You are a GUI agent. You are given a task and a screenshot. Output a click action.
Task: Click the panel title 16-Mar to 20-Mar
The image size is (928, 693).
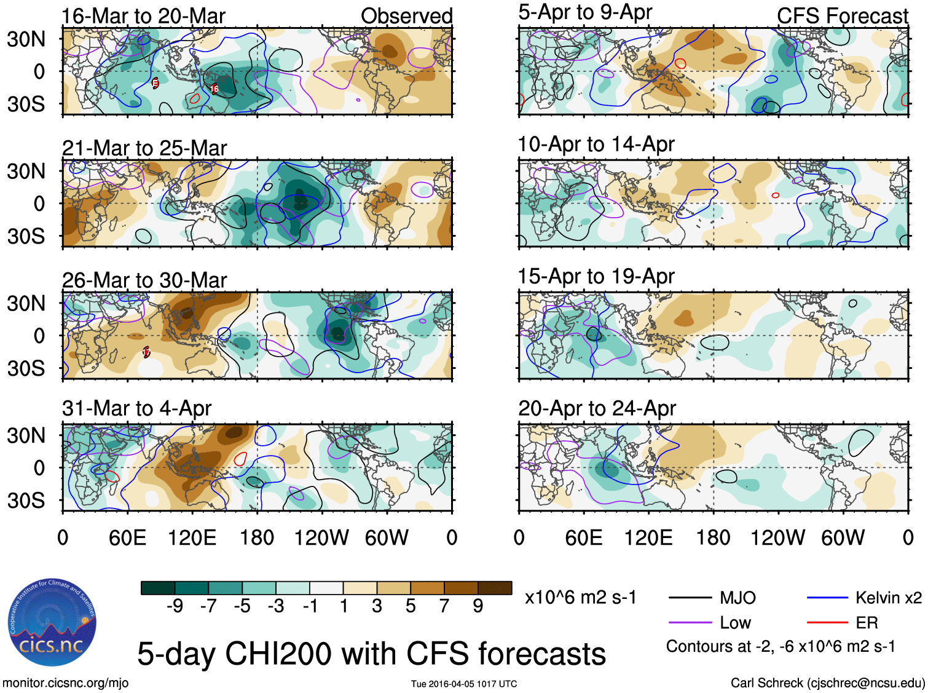tap(144, 16)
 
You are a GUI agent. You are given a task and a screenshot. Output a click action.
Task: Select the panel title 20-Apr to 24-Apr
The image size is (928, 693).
tap(597, 408)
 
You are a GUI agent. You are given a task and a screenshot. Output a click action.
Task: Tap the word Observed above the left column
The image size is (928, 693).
tap(406, 16)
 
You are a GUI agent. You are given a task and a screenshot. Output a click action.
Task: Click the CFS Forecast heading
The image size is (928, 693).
tap(842, 16)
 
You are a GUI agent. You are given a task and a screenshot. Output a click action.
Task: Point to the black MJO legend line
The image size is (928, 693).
tap(690, 597)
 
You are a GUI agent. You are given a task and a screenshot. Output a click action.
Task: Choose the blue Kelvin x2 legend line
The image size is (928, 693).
tap(827, 597)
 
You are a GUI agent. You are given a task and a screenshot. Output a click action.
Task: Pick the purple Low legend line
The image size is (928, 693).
tap(690, 623)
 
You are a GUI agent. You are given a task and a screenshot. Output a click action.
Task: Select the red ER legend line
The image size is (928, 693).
tap(827, 623)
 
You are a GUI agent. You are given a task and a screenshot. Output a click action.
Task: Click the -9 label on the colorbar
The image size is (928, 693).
tap(175, 606)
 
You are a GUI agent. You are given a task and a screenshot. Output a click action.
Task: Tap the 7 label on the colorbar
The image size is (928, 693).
tap(444, 606)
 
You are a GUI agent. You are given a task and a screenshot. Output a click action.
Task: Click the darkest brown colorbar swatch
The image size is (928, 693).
tap(495, 588)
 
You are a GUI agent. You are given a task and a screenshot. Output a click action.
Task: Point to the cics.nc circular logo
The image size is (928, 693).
tap(52, 623)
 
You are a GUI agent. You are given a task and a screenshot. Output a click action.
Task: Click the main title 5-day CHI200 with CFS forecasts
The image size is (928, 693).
tap(371, 653)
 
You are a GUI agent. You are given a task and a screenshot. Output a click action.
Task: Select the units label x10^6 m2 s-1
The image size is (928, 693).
tap(580, 598)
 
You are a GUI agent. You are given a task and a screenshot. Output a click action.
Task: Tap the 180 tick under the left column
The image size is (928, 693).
tap(257, 538)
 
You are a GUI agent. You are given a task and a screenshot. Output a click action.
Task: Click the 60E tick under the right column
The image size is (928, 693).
tap(583, 538)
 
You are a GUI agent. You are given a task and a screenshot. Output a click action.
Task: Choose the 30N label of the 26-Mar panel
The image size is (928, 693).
tap(26, 304)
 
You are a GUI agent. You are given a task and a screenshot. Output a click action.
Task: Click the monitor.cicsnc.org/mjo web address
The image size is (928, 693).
tap(65, 683)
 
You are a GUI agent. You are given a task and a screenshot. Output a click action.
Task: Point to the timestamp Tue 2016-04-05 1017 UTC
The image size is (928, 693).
tap(464, 684)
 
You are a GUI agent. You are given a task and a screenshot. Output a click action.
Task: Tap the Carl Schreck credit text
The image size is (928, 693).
tap(827, 683)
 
